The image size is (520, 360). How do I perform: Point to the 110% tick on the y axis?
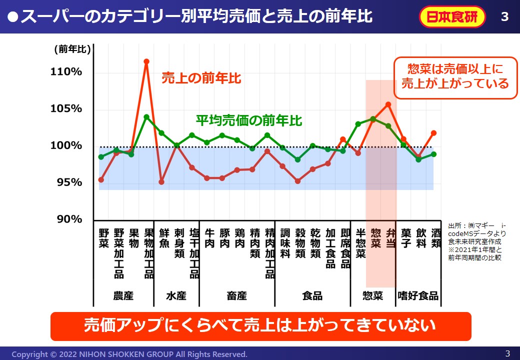pyautogui.click(x=66, y=72)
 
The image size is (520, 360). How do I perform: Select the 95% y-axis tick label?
pyautogui.click(x=68, y=182)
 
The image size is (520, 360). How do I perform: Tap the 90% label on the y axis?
pyautogui.click(x=68, y=219)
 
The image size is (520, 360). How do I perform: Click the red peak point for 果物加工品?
pyautogui.click(x=146, y=61)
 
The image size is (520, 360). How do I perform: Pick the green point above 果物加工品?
pyautogui.click(x=146, y=117)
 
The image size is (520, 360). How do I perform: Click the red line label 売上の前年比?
pyautogui.click(x=201, y=78)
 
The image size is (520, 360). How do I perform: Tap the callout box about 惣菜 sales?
pyautogui.click(x=455, y=76)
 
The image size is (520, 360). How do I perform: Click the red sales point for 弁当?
pyautogui.click(x=388, y=104)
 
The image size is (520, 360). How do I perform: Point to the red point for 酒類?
pyautogui.click(x=433, y=133)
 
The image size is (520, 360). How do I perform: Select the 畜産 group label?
pyautogui.click(x=236, y=295)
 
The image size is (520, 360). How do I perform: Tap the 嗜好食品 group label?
pyautogui.click(x=417, y=295)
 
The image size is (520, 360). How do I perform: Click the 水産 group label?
pyautogui.click(x=176, y=295)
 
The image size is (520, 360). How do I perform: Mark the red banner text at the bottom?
pyautogui.click(x=260, y=326)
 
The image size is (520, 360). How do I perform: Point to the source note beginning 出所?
pyautogui.click(x=476, y=241)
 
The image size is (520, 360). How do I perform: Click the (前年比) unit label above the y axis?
pyautogui.click(x=72, y=49)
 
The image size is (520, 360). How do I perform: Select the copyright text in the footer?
pyautogui.click(x=129, y=354)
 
